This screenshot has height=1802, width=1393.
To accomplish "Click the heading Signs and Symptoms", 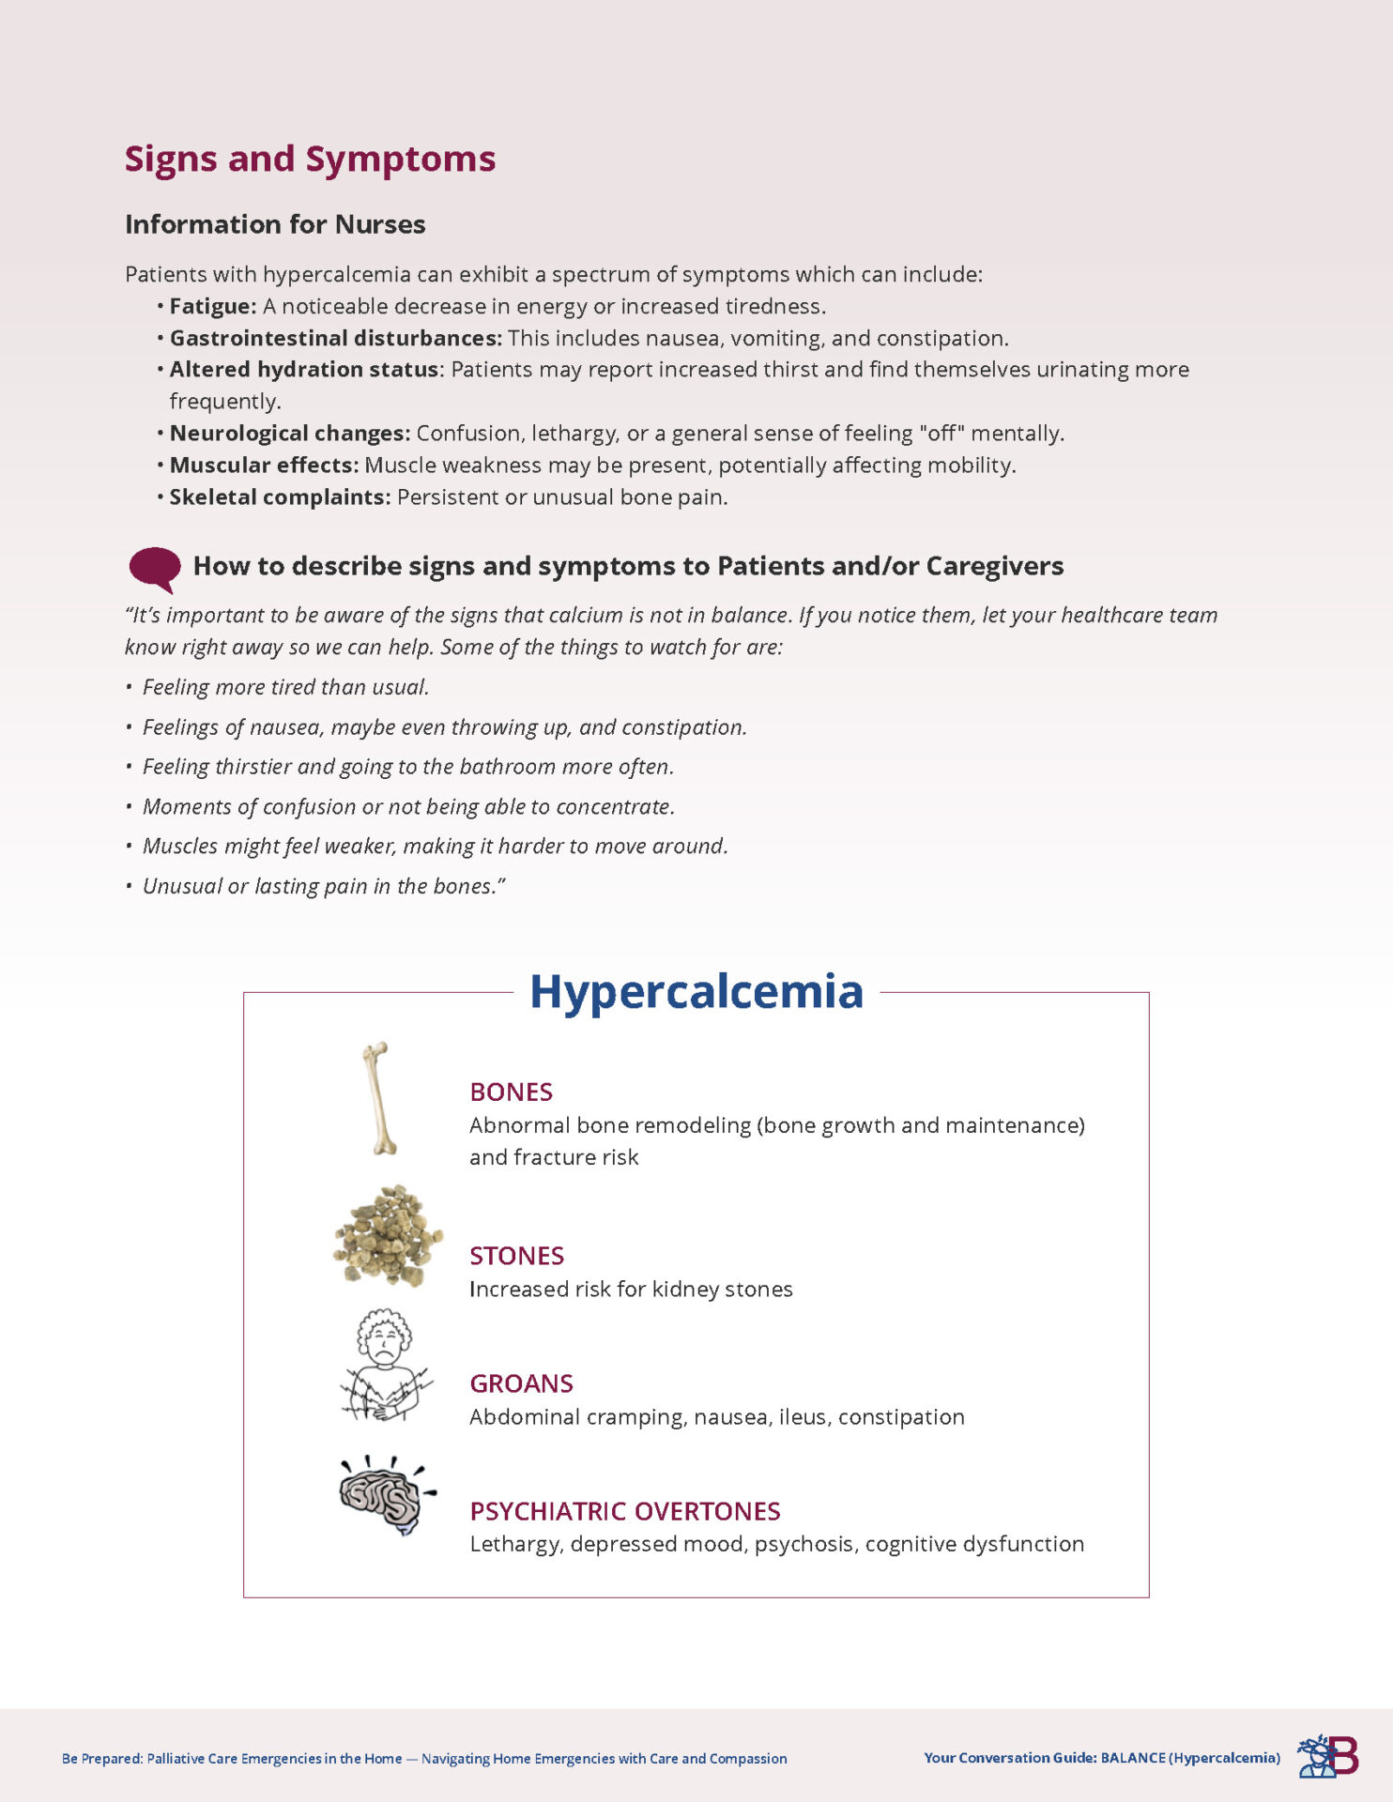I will click(310, 159).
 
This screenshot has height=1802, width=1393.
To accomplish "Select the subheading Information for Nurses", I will click(275, 224).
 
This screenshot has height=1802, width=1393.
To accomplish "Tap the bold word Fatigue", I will click(212, 306).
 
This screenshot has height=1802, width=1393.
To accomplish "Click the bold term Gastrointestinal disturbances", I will click(335, 338).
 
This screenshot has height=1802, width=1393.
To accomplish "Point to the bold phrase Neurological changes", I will click(289, 433).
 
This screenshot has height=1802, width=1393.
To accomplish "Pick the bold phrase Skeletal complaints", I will click(279, 496).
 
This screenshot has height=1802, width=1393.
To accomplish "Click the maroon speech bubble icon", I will click(155, 568).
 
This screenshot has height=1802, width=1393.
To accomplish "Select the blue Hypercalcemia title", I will click(696, 991).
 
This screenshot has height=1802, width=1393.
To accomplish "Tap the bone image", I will click(379, 1097).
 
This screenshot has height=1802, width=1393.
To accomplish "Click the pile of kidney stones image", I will click(388, 1234).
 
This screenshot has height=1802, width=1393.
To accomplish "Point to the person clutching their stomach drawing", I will click(385, 1365).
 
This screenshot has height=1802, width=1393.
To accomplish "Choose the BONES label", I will click(511, 1092).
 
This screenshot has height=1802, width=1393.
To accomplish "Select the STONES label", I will click(516, 1256).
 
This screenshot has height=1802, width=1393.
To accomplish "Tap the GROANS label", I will click(521, 1383).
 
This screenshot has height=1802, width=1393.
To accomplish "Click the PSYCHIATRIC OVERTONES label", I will click(624, 1511).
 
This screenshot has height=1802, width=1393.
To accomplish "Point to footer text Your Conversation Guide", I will click(1009, 1758).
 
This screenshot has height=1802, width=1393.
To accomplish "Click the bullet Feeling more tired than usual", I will click(285, 687).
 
